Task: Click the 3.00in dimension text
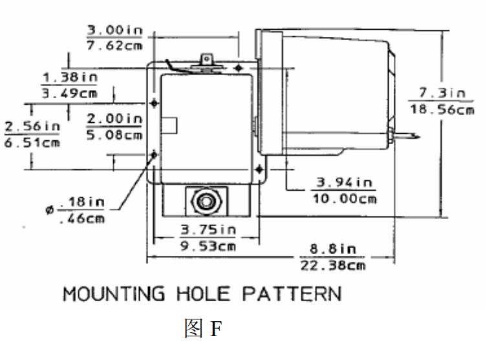(x=114, y=30)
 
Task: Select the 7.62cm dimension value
(x=114, y=46)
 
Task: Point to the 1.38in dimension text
(x=70, y=77)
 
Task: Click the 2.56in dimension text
(x=32, y=125)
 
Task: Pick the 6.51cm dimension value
(x=32, y=142)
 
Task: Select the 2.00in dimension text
(x=114, y=119)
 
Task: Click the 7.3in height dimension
(x=442, y=93)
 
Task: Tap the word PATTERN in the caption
(x=292, y=295)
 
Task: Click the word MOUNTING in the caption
(x=114, y=295)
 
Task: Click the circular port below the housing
(x=205, y=200)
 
